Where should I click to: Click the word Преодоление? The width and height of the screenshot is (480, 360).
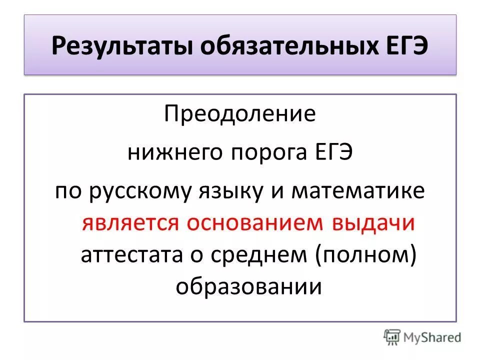(240, 114)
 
